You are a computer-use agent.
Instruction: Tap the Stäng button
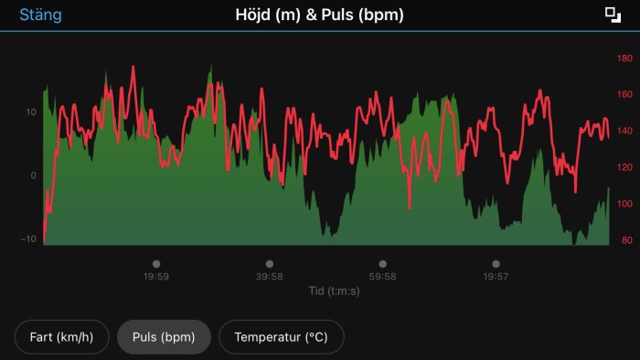(x=40, y=16)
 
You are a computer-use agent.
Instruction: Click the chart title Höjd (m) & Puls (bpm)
(x=319, y=16)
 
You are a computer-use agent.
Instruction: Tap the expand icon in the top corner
(x=613, y=15)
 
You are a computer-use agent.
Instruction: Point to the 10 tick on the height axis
(x=30, y=112)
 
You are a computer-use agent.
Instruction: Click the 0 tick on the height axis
(x=33, y=175)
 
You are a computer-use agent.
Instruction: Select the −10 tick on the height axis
(x=29, y=239)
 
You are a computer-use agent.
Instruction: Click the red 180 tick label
(x=625, y=58)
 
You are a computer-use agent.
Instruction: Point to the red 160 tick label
(x=625, y=95)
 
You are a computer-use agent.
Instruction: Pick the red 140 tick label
(x=625, y=132)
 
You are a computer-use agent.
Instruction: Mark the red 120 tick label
(x=625, y=168)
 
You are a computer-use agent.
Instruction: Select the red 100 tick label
(x=625, y=205)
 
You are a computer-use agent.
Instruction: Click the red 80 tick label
(x=627, y=241)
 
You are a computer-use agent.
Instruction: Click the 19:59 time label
(x=155, y=276)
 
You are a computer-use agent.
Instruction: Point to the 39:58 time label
(x=269, y=276)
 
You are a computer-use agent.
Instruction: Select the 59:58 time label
(x=382, y=276)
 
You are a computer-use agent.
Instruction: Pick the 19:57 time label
(x=496, y=276)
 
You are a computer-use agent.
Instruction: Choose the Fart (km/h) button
(x=61, y=337)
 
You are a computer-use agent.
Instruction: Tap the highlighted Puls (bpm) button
(x=164, y=337)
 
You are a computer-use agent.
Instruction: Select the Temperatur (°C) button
(x=281, y=337)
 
